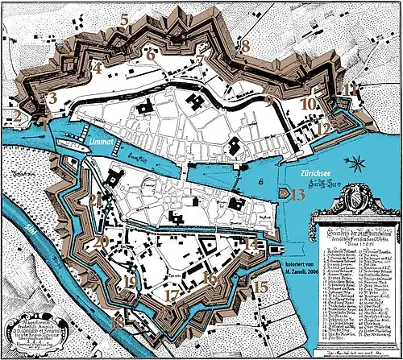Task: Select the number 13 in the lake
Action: [x=297, y=193]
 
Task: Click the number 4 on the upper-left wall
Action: [x=97, y=68]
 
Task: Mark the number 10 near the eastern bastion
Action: [x=307, y=104]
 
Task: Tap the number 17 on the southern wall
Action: [x=171, y=296]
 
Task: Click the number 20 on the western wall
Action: [x=101, y=241]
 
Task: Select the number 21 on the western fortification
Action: [x=96, y=201]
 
